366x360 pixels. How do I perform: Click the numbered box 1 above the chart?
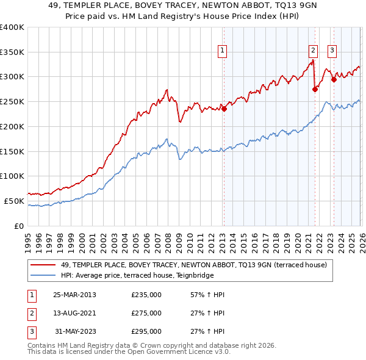click(x=223, y=51)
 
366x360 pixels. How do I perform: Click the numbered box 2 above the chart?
click(x=313, y=51)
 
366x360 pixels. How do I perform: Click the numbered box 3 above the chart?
click(x=332, y=51)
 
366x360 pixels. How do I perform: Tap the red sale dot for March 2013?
click(x=224, y=109)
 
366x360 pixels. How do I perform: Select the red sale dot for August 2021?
click(x=315, y=89)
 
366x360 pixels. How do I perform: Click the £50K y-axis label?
click(x=14, y=201)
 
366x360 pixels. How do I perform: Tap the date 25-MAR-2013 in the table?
click(x=74, y=295)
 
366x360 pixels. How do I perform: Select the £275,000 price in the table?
click(x=146, y=313)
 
